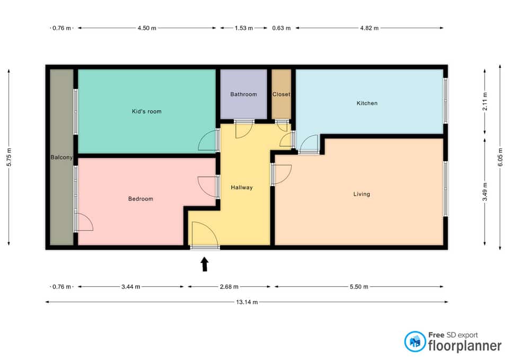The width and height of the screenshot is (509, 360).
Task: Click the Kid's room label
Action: tap(146, 111)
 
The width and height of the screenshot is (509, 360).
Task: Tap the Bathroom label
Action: tap(243, 94)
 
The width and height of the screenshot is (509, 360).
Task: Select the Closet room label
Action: tap(281, 94)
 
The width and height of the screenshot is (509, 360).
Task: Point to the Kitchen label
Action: tap(367, 103)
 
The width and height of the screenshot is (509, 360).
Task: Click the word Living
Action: tap(362, 194)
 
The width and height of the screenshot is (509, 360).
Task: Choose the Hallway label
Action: tap(242, 187)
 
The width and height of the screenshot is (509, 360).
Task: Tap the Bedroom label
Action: tap(141, 199)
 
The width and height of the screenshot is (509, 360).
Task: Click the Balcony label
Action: tap(62, 157)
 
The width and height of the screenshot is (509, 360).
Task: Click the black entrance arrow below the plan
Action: tap(205, 264)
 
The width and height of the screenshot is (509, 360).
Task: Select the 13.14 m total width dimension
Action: tap(247, 302)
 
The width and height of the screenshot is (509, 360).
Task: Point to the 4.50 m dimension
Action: tap(147, 28)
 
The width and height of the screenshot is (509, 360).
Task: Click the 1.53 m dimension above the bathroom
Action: tap(244, 28)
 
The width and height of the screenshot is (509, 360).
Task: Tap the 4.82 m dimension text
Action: tap(370, 28)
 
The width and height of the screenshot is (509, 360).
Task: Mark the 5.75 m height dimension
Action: tap(9, 157)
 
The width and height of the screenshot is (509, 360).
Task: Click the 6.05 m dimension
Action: tap(500, 157)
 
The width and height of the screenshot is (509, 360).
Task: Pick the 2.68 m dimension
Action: tap(229, 287)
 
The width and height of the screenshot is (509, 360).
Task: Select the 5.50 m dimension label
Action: tap(359, 287)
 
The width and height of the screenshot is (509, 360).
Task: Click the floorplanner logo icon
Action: tap(415, 341)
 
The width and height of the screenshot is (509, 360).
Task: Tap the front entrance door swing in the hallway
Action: tap(205, 234)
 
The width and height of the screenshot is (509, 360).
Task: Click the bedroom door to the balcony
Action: tap(84, 222)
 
